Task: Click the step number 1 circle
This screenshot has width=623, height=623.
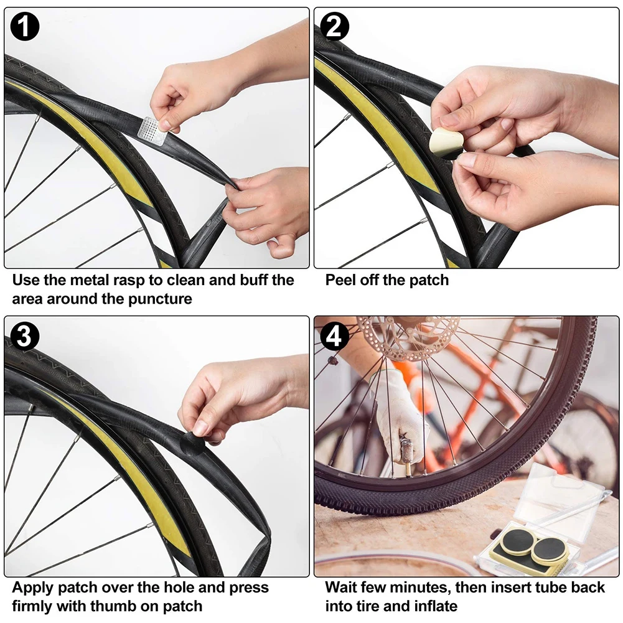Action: (x=25, y=28)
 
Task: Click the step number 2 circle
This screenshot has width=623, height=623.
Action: (x=335, y=27)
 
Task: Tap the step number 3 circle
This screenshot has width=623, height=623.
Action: (x=25, y=337)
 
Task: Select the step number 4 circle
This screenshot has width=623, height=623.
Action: (x=335, y=337)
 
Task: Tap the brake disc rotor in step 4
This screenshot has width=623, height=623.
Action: (x=408, y=336)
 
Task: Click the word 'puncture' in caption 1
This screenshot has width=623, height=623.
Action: (x=161, y=299)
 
